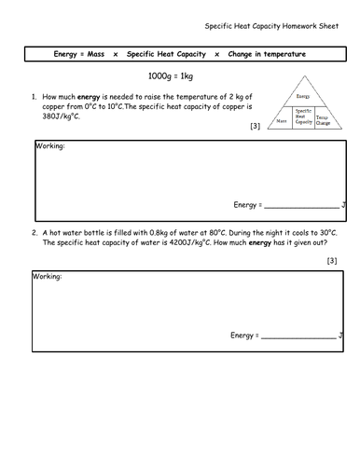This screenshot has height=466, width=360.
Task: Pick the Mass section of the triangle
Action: tap(282, 121)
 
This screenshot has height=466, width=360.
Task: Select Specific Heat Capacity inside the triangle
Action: tap(301, 117)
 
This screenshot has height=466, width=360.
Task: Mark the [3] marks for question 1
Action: tap(256, 128)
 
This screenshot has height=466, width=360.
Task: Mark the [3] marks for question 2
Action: tap(332, 261)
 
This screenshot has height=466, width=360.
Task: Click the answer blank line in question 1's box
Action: tap(301, 206)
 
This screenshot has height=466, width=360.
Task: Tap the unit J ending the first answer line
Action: tap(343, 204)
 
